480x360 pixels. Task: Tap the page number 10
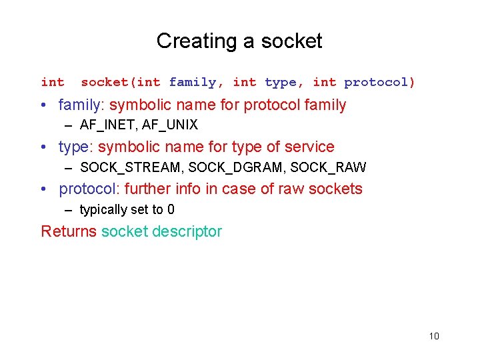434,336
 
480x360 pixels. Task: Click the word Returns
69,231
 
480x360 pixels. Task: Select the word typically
103,210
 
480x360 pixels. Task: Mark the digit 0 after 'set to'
171,210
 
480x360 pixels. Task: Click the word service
309,147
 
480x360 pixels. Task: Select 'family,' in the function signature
197,83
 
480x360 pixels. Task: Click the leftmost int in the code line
53,83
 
